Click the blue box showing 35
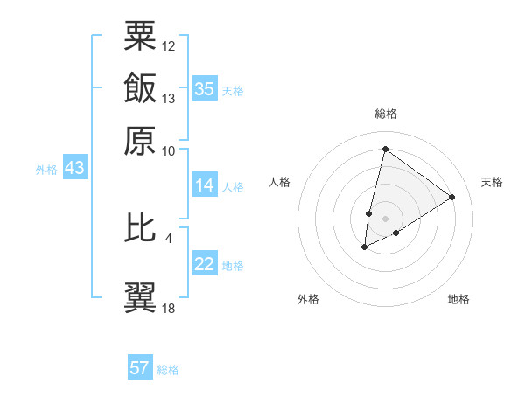coord(205,89)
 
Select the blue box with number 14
coord(205,185)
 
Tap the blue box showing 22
coord(205,265)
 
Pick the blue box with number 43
coord(74,169)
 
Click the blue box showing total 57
coord(140,368)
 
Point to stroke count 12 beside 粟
coord(169,45)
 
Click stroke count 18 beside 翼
coord(169,307)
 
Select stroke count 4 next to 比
coord(169,236)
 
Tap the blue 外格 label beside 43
coord(46,170)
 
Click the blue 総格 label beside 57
coord(168,370)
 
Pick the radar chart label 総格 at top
coord(385,114)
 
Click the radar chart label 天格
coord(492,182)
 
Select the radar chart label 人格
coord(280,182)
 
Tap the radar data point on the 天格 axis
coord(452,197)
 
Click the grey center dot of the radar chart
coord(385,218)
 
